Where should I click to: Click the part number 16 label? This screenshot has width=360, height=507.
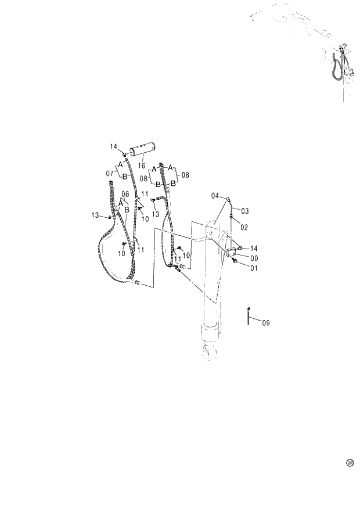tap(142, 166)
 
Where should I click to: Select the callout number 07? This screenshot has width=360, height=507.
tap(110, 173)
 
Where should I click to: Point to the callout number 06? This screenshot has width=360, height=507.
tap(125, 193)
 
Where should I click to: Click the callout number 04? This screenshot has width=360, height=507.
tap(215, 196)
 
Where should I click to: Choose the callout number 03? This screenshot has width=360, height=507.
tap(244, 211)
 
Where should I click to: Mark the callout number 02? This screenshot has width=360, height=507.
tap(244, 227)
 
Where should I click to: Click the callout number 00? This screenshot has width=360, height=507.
tap(254, 258)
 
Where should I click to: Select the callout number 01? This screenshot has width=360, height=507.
tap(254, 268)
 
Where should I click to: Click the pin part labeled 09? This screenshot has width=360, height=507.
tap(249, 316)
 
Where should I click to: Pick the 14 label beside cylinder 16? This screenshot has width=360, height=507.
tap(113, 147)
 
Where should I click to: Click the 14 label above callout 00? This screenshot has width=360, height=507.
tap(254, 248)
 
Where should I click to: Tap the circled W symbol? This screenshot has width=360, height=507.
tap(350, 463)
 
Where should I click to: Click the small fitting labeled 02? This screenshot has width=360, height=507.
tap(232, 219)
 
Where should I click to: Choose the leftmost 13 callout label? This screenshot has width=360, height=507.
tap(94, 216)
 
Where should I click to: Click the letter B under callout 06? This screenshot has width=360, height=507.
tap(127, 208)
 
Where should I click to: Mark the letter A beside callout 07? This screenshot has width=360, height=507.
tap(121, 164)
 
